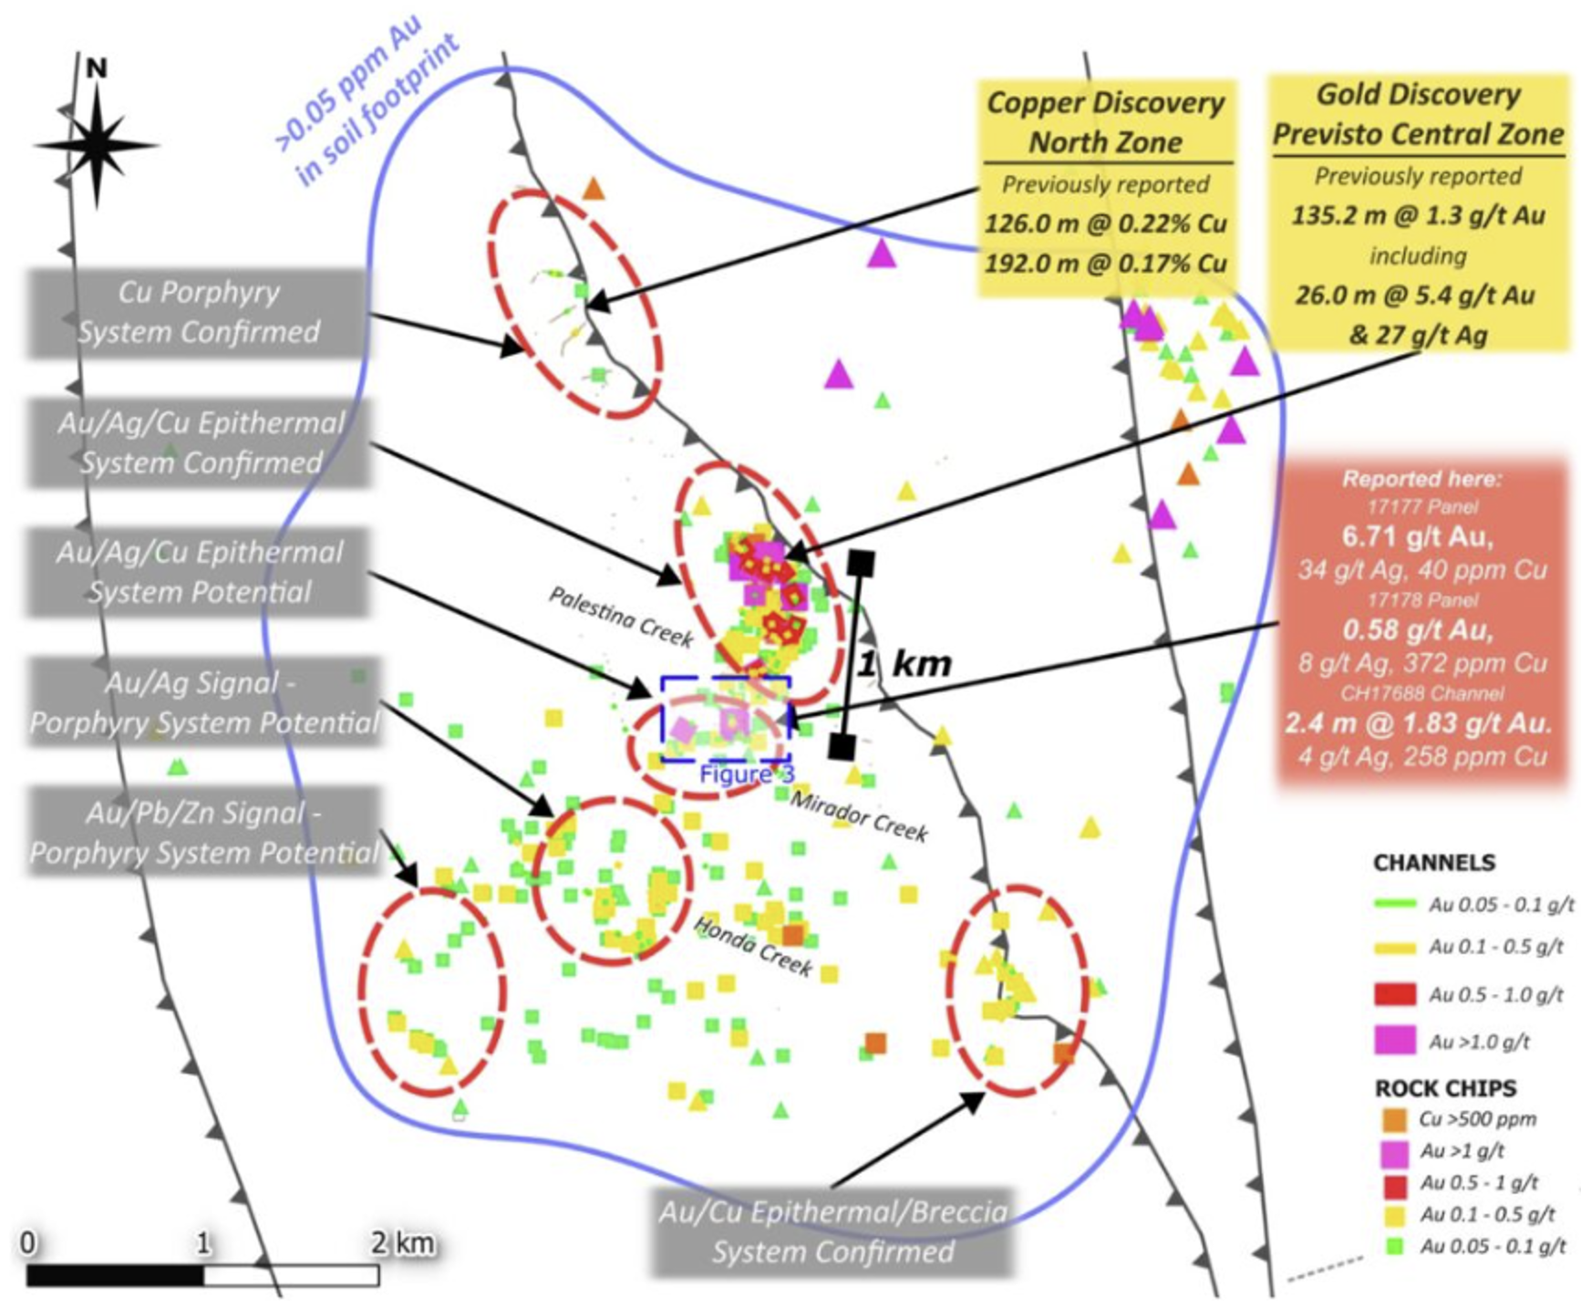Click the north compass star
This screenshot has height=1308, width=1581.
pos(97,145)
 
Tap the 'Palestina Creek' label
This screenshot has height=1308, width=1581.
pos(620,617)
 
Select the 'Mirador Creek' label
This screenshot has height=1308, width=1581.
pos(858,815)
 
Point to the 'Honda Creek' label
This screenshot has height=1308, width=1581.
pos(753,946)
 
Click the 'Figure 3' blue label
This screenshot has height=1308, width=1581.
pos(746,775)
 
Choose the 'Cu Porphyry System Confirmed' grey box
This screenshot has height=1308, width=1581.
pos(199,312)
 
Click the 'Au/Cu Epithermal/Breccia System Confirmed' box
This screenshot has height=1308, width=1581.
pos(833,1231)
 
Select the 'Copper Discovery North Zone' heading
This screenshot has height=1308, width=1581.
pos(1105,122)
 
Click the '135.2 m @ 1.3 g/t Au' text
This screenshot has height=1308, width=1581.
pos(1418,215)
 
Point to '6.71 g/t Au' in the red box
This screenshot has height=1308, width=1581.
pos(1418,536)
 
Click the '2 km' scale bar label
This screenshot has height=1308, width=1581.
pos(402,1242)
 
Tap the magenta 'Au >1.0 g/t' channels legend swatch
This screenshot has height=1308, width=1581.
pos(1394,1040)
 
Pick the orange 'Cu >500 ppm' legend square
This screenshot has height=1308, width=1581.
pos(1394,1119)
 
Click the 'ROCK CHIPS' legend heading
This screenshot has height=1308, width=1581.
pos(1445,1087)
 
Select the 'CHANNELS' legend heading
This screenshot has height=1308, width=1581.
pos(1434,862)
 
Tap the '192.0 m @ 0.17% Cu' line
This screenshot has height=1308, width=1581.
pos(1105,264)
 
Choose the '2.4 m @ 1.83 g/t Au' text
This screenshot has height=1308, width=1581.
pos(1418,723)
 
